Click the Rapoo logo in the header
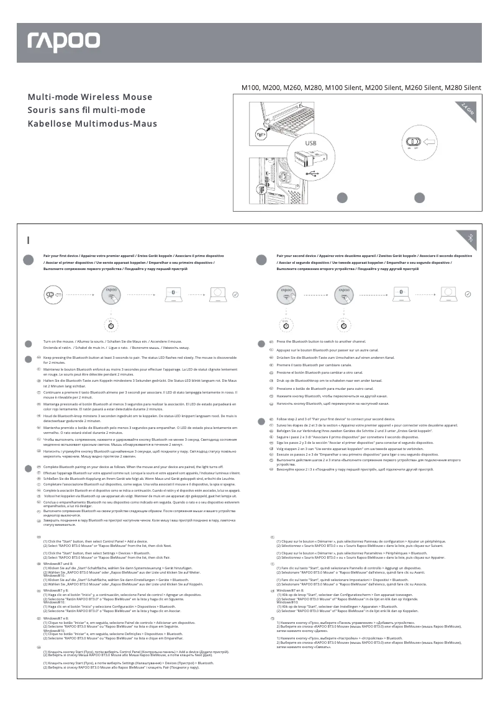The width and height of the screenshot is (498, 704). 63,42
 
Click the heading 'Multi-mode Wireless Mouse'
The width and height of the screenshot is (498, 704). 89,97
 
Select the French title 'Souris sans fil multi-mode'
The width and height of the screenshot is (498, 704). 86,111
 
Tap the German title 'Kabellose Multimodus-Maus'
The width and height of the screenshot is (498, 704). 92,124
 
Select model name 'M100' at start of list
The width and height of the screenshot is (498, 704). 251,88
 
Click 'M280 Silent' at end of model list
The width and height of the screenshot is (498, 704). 463,88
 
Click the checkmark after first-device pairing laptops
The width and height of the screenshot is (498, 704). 235,295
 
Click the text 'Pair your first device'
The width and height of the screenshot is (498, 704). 63,256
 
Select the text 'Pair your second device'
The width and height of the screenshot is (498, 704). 298,256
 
